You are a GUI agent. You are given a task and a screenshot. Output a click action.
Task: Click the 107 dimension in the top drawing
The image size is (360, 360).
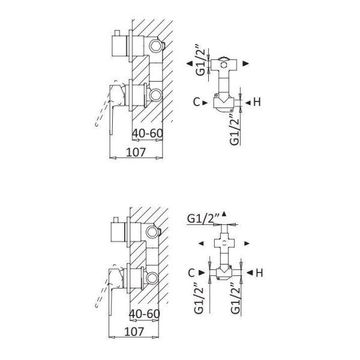(x=136, y=152)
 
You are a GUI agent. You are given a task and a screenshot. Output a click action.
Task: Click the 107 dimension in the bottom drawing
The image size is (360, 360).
(x=134, y=332)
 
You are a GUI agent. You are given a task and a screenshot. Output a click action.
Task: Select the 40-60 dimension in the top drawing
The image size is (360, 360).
(x=148, y=133)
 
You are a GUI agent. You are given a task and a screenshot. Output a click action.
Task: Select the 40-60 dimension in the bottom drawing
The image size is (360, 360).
(x=145, y=314)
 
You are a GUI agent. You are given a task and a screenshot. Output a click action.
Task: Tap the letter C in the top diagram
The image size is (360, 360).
(x=197, y=102)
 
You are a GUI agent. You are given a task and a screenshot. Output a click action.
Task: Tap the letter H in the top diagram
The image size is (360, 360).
(x=257, y=102)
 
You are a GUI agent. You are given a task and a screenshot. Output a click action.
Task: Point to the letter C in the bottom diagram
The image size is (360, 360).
(x=191, y=273)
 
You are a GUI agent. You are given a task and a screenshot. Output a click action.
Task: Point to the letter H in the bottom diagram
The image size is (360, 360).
(x=259, y=273)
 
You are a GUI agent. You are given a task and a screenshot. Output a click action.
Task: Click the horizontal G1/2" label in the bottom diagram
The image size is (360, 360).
(x=203, y=218)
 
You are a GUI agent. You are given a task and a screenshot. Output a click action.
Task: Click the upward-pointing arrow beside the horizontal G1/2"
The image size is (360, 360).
(x=224, y=214)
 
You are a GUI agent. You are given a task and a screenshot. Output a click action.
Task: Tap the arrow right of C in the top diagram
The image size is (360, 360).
(x=205, y=103)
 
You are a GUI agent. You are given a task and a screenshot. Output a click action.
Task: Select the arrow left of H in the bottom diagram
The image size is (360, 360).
(x=250, y=273)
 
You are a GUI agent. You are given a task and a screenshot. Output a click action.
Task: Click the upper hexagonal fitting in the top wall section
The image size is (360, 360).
(x=156, y=46)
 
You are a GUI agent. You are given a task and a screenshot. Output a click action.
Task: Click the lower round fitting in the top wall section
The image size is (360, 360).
(x=155, y=95)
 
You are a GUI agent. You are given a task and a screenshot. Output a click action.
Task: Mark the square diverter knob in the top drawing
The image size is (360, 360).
(x=119, y=46)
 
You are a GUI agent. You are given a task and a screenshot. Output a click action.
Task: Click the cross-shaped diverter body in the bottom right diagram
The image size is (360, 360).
(x=224, y=243)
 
